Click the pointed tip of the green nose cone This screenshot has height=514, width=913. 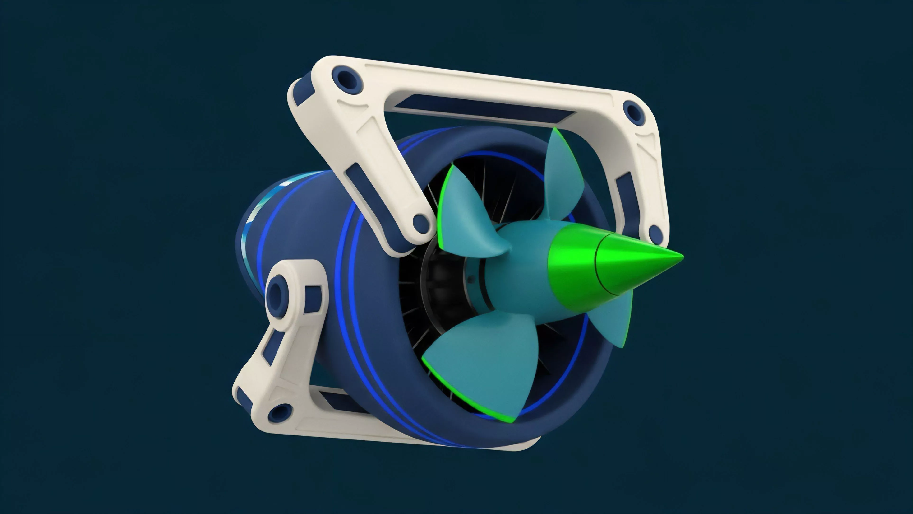[681, 257]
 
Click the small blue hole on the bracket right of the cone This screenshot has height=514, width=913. [656, 233]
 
